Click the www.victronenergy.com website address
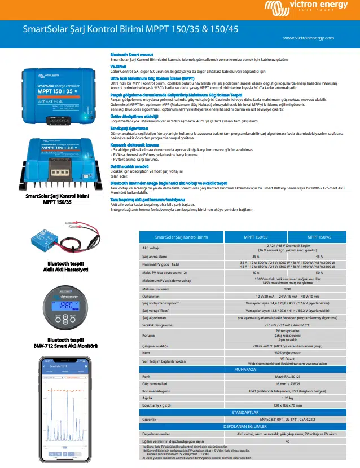pos(321,37)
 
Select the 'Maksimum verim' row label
pos(156,288)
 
